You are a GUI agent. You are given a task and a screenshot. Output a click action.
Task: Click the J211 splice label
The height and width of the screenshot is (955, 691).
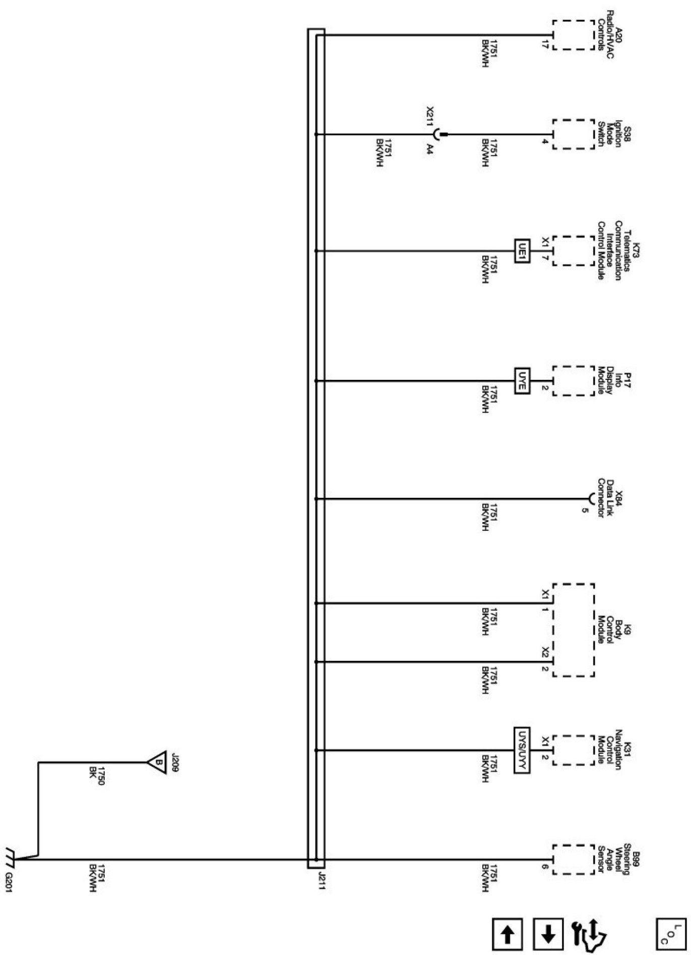[x=321, y=881]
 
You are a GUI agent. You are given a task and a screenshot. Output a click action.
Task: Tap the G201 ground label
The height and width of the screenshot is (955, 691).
[x=9, y=881]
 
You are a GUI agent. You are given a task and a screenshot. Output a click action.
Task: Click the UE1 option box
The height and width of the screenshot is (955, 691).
[x=522, y=250]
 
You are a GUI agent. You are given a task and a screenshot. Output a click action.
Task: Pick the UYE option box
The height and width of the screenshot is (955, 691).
[x=522, y=380]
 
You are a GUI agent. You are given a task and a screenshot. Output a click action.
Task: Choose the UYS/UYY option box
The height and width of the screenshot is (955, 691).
[x=522, y=750]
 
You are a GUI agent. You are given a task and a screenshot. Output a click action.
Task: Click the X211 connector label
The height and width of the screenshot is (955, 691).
[x=429, y=117]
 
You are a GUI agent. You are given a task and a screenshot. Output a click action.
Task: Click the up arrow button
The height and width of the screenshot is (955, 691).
[x=508, y=935]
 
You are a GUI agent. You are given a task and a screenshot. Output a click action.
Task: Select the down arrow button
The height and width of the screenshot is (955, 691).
[x=548, y=935]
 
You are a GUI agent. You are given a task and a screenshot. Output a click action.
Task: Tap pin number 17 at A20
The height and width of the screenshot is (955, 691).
[x=544, y=44]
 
